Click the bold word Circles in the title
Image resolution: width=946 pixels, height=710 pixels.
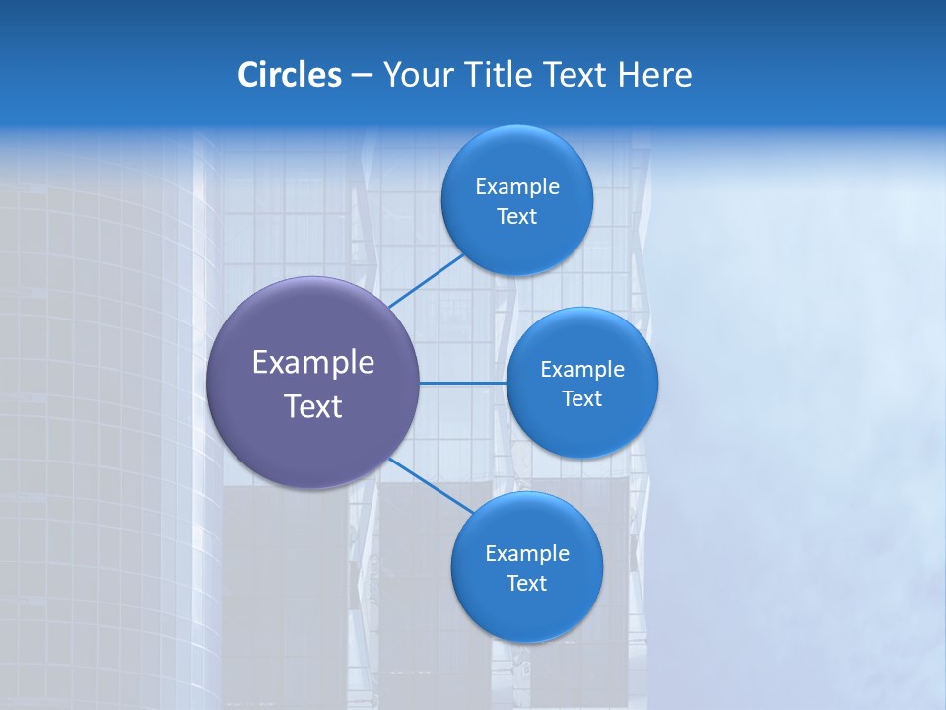coord(290,75)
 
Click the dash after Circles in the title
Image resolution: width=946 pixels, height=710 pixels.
coord(362,76)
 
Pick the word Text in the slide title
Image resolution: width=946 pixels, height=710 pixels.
coord(576,75)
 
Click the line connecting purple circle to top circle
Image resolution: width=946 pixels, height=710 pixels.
coord(426,280)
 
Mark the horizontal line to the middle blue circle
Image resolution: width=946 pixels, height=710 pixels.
coord(462,383)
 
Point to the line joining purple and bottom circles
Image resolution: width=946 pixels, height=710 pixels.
coord(430,484)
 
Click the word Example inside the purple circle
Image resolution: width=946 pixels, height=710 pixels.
coord(313,363)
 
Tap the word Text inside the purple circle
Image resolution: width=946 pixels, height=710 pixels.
coord(313,406)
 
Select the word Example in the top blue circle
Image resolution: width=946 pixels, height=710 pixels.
coord(517,187)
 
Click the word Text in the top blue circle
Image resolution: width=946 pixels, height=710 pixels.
coord(517,217)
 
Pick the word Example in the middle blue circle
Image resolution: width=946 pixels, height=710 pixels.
coord(582,370)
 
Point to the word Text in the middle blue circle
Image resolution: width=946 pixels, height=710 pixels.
coord(582,399)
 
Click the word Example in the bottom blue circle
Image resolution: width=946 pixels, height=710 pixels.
coord(527,554)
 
